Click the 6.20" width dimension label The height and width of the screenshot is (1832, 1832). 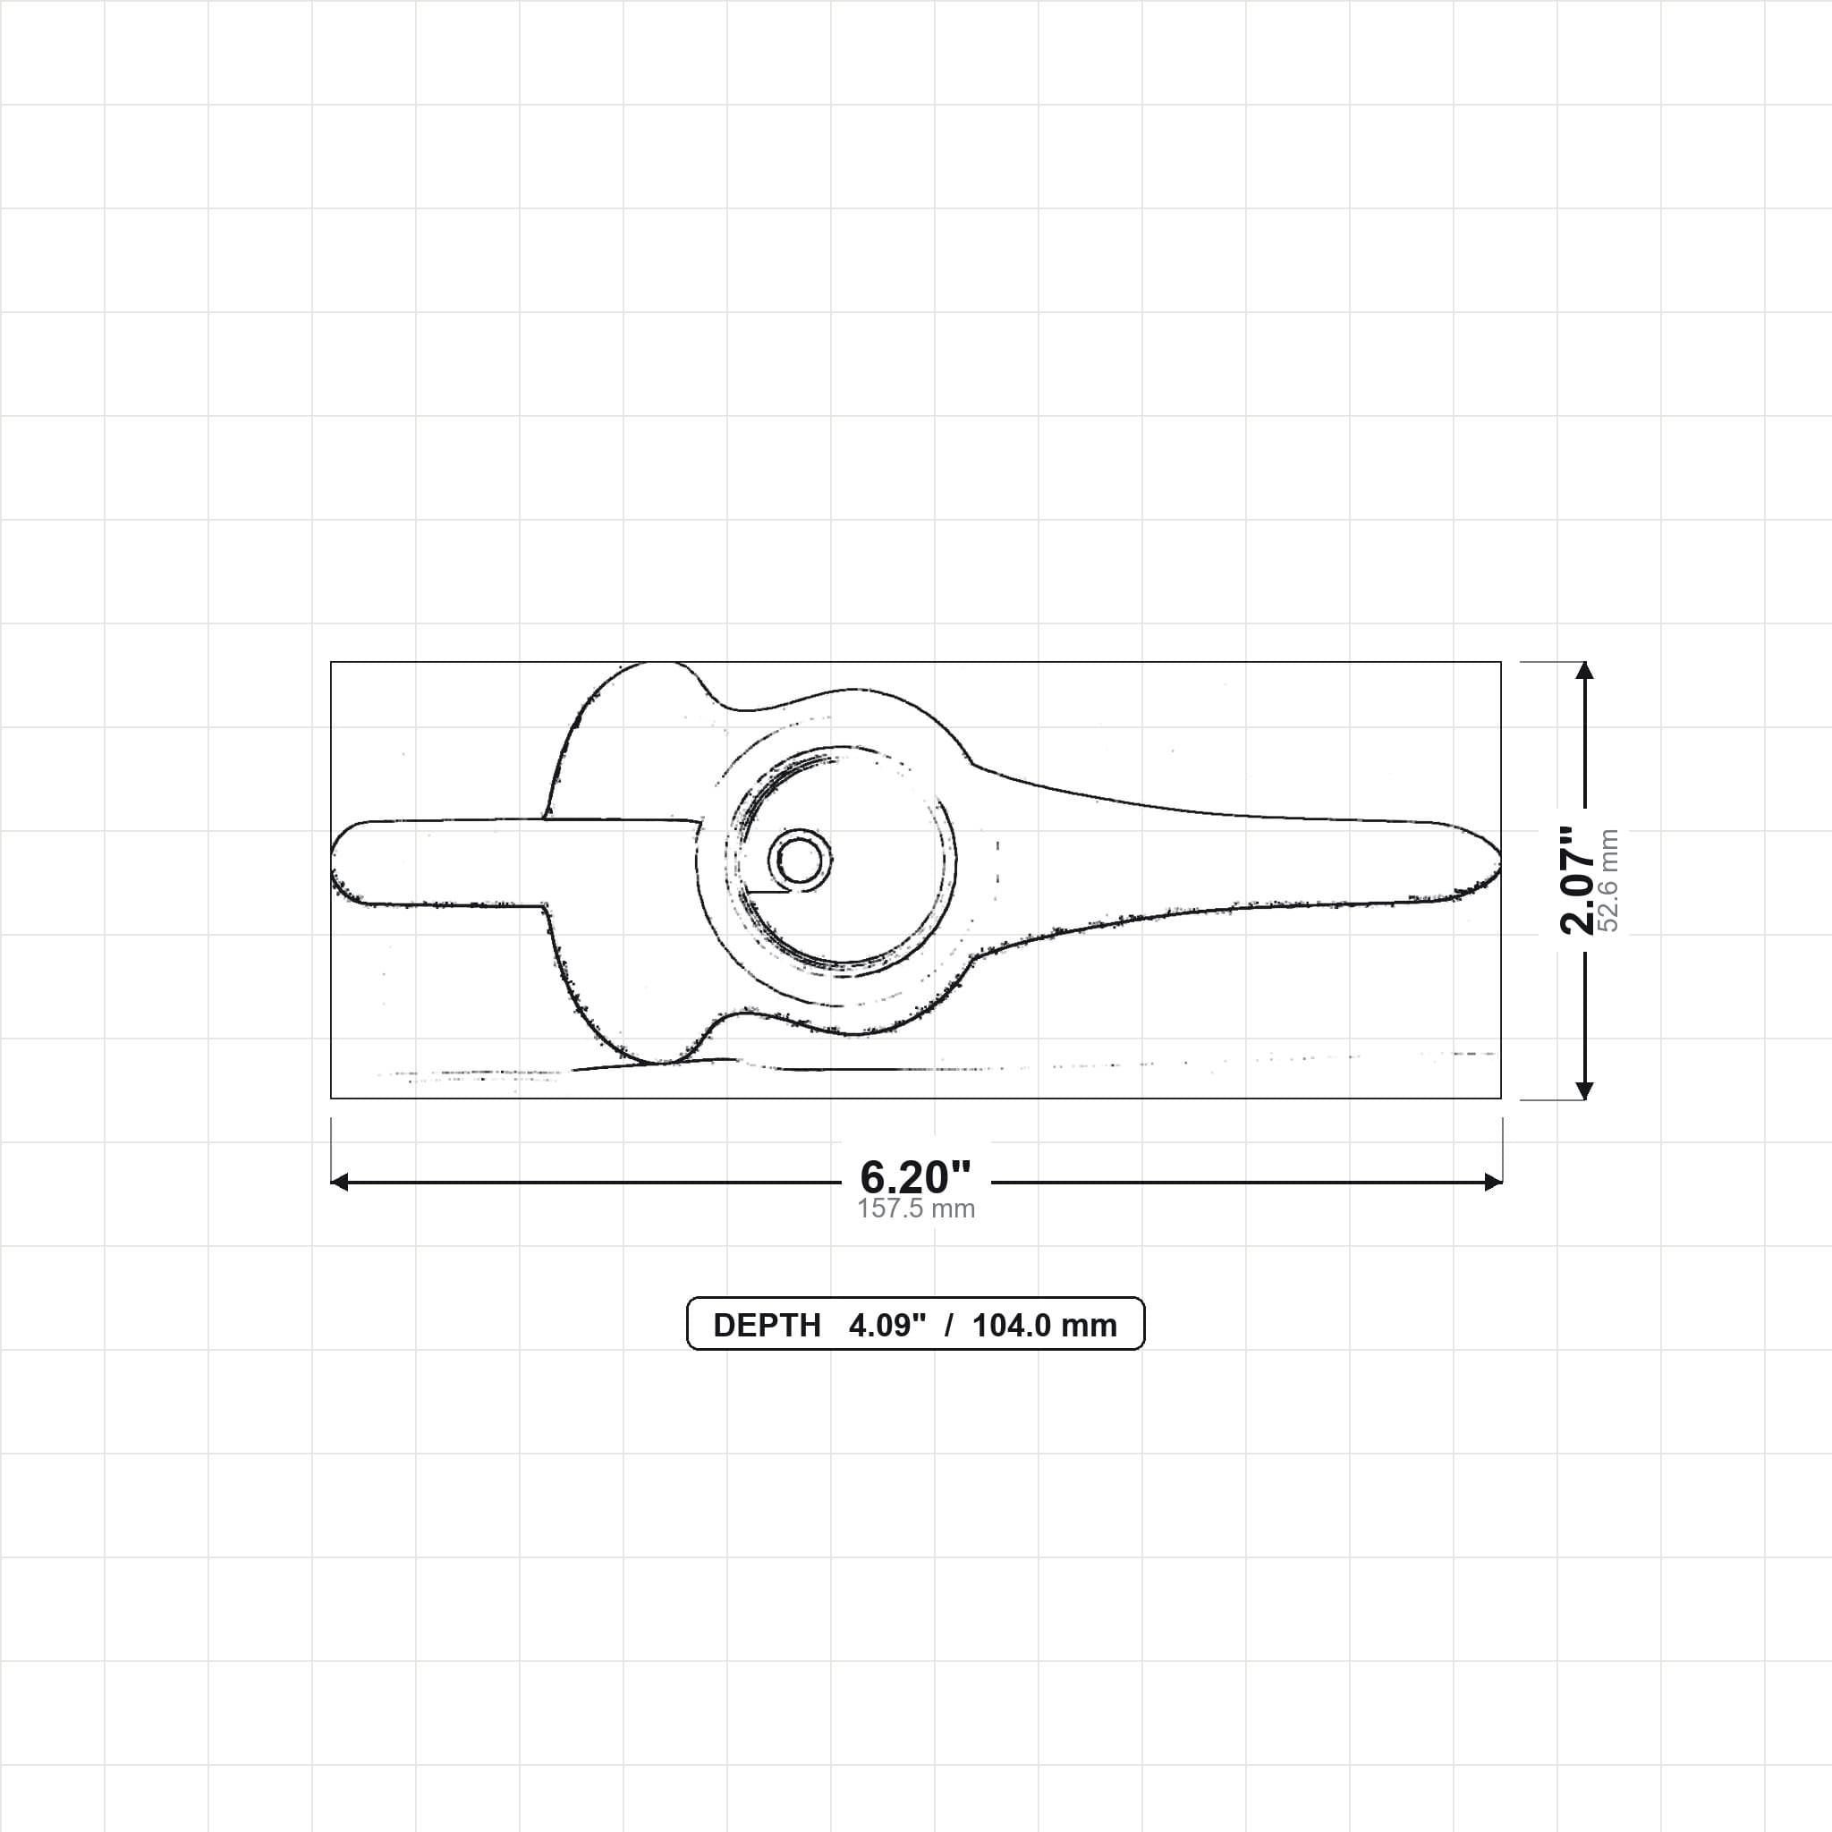915,1178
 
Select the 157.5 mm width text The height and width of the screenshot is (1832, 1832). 916,1209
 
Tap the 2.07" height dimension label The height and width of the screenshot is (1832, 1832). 1577,880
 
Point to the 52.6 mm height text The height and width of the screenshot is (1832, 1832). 1608,880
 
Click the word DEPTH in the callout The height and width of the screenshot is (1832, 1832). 767,1326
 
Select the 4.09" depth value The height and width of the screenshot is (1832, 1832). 886,1326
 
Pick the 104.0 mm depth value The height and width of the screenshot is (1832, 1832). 1044,1326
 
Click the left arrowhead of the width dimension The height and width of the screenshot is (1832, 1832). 339,1182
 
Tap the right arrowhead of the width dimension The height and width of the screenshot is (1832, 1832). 1494,1182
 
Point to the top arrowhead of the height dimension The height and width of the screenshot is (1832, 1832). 1584,669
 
